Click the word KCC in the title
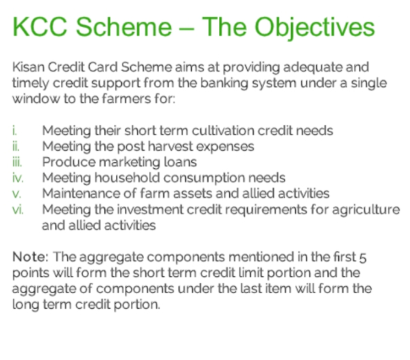[40, 27]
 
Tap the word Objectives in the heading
[315, 28]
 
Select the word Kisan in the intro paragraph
[28, 67]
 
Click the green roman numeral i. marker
[14, 130]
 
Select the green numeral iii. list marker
[17, 162]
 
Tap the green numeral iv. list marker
[17, 178]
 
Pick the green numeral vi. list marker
[17, 210]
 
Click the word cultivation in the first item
[223, 130]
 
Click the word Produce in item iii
[69, 162]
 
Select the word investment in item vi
[150, 210]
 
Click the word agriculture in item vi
[366, 210]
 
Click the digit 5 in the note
[363, 257]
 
